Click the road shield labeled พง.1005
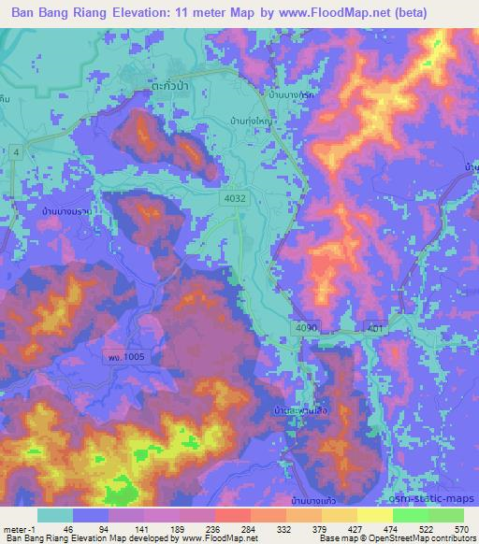point(123,356)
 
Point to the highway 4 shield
point(17,151)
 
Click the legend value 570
point(460,528)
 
